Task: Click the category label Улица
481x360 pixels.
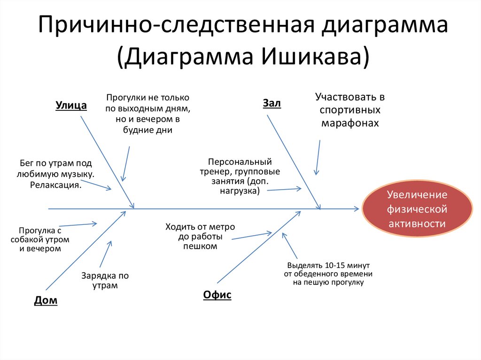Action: [71, 105]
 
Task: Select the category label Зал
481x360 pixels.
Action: [272, 103]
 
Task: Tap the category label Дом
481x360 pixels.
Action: [46, 300]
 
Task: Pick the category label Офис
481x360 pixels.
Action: [217, 295]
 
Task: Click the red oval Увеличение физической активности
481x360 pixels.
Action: [417, 209]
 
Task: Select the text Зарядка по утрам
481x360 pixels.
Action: [105, 280]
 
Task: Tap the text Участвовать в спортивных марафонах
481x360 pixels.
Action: [349, 110]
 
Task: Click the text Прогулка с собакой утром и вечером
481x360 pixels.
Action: [40, 239]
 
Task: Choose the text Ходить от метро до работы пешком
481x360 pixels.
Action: [200, 236]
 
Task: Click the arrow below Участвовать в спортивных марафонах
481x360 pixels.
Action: [318, 157]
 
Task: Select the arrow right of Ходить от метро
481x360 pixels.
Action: [252, 235]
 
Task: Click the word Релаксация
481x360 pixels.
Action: [56, 185]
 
